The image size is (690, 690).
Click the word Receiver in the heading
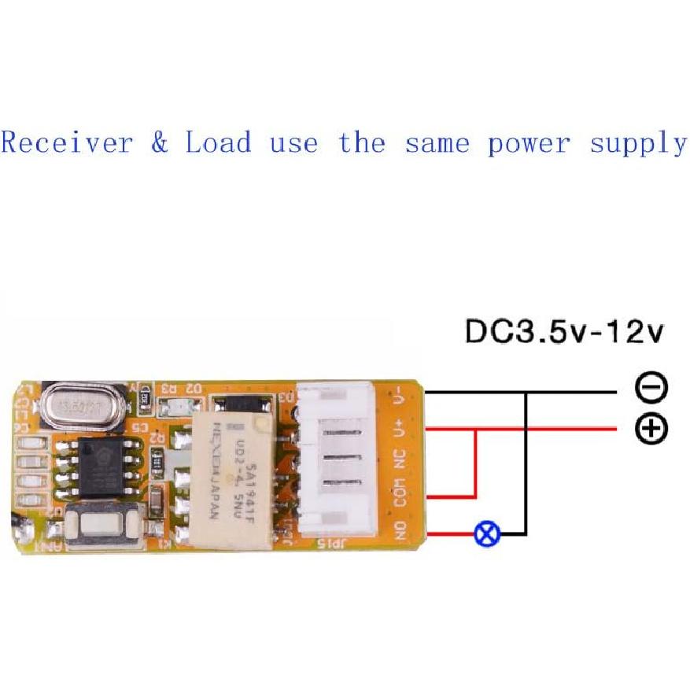tap(67, 143)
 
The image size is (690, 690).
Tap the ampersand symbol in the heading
tap(160, 143)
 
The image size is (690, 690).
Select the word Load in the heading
tap(219, 143)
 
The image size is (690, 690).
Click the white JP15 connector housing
tap(336, 460)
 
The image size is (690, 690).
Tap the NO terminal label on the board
tap(400, 529)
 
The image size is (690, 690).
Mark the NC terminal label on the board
tap(400, 459)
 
